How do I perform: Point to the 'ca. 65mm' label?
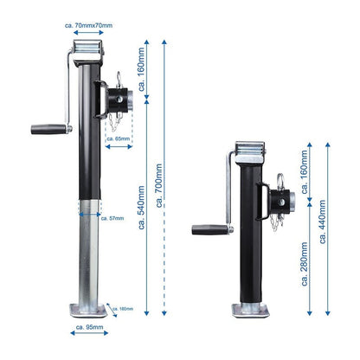coord(119,138)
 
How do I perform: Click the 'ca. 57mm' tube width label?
coord(112,219)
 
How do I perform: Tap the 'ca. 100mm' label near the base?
coord(124,308)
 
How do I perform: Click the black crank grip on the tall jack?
coord(49,129)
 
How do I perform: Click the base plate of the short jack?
coord(251,309)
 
